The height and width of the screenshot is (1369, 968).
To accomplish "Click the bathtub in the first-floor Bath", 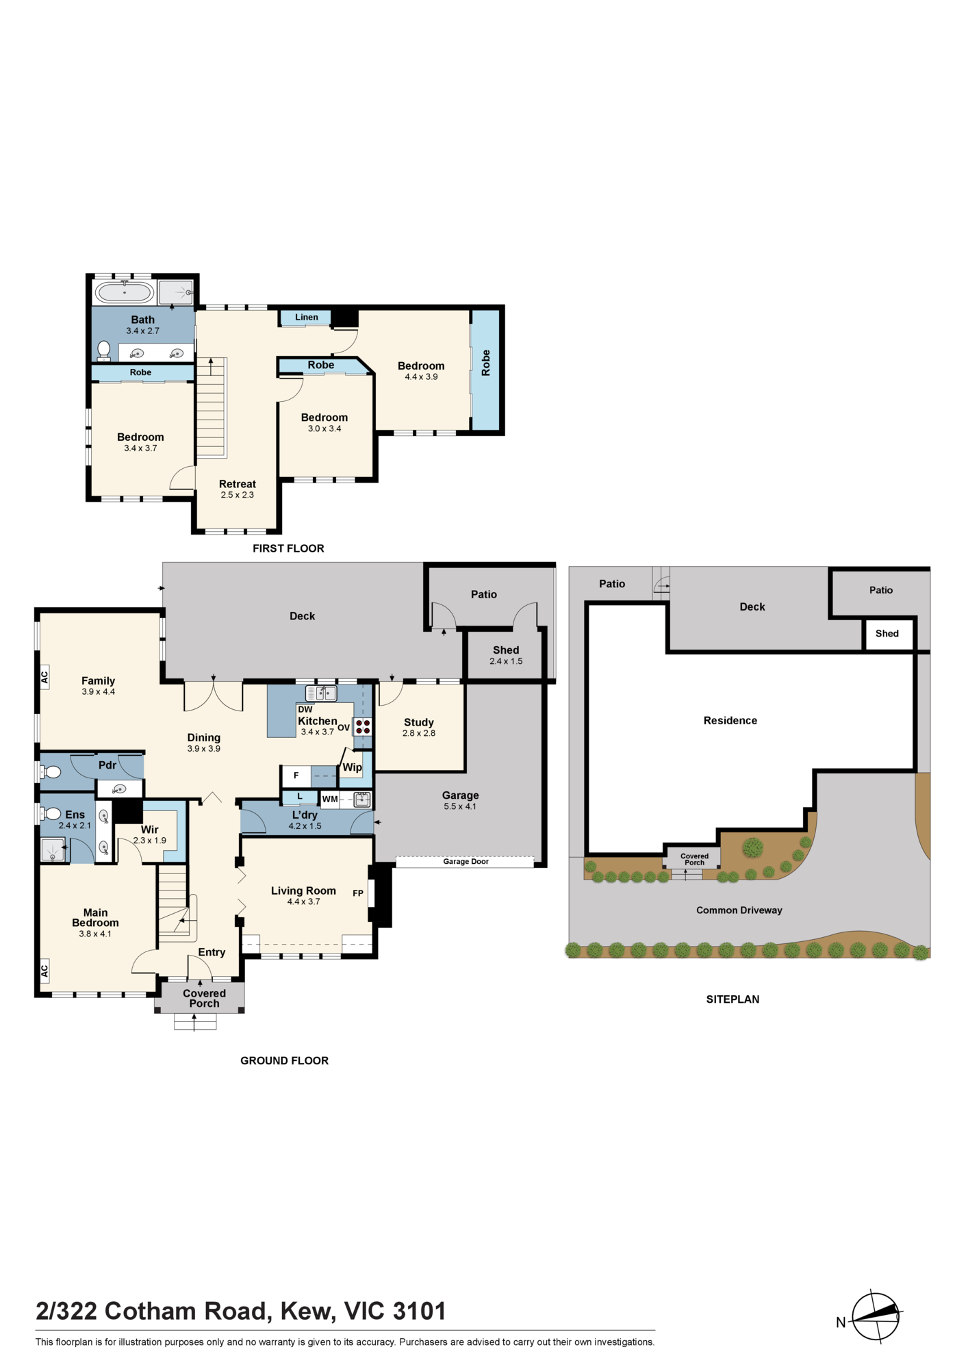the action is click(x=124, y=292).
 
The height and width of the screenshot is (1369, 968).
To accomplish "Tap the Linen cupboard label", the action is click(x=307, y=317).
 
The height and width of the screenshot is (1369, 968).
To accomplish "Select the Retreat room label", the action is click(x=238, y=484).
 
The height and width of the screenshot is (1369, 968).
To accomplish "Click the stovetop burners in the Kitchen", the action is click(x=363, y=726).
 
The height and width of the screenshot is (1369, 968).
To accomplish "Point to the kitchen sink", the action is click(x=321, y=693).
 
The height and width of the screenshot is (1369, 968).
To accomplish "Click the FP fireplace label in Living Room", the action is click(x=358, y=893).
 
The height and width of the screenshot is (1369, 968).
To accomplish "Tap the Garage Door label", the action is click(x=466, y=861).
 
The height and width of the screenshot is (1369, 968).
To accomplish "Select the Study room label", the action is click(x=419, y=722).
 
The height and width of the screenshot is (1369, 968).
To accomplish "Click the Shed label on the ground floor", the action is click(x=506, y=650).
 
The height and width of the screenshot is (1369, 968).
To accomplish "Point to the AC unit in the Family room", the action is click(x=44, y=677).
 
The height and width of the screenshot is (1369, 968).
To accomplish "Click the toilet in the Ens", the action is click(x=51, y=814).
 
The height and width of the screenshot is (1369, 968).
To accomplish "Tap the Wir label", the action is click(x=150, y=830).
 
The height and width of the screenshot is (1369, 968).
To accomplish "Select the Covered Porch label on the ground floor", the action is click(x=204, y=998).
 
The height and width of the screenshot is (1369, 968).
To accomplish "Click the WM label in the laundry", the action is click(x=330, y=799).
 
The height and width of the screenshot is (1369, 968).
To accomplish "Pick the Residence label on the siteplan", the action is click(x=730, y=720).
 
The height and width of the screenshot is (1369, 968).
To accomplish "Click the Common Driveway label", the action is click(x=739, y=910).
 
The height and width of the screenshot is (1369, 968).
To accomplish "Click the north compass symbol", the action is click(x=875, y=1316).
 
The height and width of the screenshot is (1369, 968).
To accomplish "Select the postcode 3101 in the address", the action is click(x=418, y=1311).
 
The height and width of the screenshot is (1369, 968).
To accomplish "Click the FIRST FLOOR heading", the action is click(x=288, y=548).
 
